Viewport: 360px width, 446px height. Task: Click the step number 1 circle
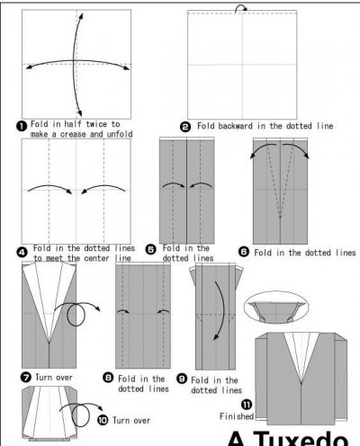point(22,126)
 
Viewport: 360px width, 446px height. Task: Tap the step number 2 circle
point(185,127)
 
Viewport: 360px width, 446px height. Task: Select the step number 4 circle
point(22,252)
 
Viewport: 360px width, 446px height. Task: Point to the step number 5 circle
point(151,249)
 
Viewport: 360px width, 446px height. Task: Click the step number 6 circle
point(244,251)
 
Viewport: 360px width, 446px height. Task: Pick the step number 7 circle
point(26,377)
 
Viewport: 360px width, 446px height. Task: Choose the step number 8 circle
point(108,378)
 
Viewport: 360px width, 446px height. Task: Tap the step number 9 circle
point(182,379)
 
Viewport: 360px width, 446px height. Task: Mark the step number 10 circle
point(103,420)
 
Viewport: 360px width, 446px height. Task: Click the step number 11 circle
point(247,405)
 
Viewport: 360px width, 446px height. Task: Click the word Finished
point(237,416)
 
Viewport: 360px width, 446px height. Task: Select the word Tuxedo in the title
point(301,438)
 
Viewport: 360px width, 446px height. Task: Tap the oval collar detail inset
point(276,308)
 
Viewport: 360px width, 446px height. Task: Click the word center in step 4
point(96,258)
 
